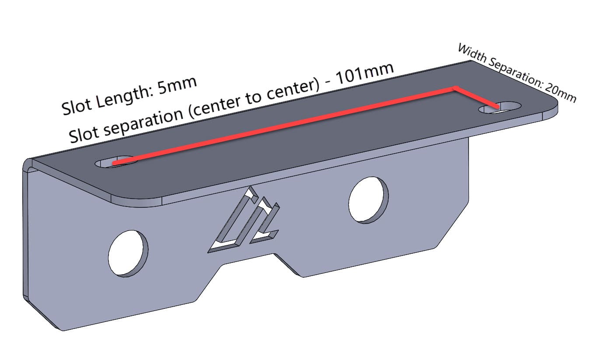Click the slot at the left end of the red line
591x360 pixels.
point(115,162)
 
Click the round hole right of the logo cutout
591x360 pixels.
point(368,199)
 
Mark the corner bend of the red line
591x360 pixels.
point(455,89)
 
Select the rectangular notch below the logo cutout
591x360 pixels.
point(249,258)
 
